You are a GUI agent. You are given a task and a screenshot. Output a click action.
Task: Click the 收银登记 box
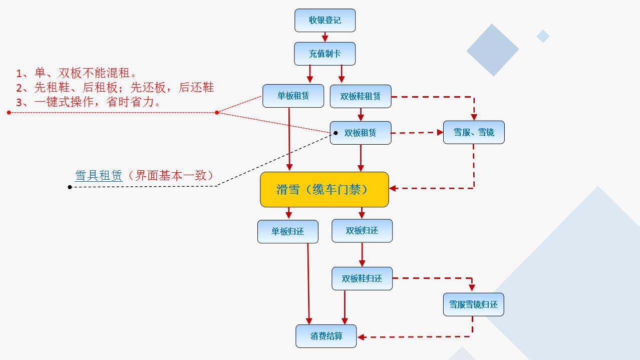tap(325, 21)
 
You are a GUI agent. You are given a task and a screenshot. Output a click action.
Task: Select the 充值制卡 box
tap(325, 54)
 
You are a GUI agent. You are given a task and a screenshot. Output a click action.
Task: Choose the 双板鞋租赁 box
tap(361, 96)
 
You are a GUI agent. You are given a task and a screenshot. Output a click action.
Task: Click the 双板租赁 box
tap(361, 133)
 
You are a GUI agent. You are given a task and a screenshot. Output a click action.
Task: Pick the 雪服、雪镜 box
tap(474, 132)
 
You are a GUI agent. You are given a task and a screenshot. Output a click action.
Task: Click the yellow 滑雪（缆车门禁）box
tap(324, 189)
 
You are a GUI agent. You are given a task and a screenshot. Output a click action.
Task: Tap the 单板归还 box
tap(287, 231)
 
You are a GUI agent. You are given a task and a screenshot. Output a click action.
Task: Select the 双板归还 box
tap(362, 231)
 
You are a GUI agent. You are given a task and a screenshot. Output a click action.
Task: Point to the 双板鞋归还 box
tap(362, 278)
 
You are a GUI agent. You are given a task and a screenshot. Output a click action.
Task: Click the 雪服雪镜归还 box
tap(473, 304)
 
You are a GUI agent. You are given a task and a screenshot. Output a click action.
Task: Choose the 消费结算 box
tap(326, 336)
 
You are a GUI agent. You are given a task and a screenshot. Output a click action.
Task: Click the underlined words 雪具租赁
tap(99, 175)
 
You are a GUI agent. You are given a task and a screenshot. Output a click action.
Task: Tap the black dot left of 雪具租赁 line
tap(70, 187)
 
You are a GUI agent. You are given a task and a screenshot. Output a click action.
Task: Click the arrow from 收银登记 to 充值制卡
tap(325, 37)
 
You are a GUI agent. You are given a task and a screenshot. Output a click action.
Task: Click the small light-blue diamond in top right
tap(543, 36)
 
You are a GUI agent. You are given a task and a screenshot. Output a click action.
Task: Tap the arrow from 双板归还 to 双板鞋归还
tap(362, 255)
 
